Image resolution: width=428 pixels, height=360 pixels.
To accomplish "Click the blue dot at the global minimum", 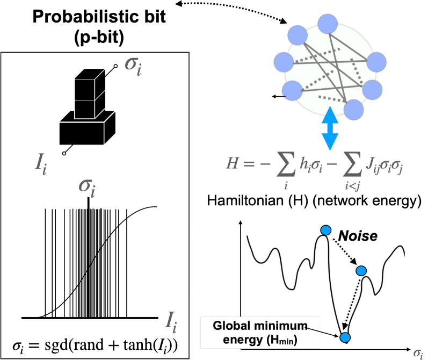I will point(345,337).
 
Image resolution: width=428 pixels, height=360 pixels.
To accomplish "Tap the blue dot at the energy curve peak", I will point(325,231).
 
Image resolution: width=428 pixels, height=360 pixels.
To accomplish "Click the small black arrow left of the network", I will point(278,97).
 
